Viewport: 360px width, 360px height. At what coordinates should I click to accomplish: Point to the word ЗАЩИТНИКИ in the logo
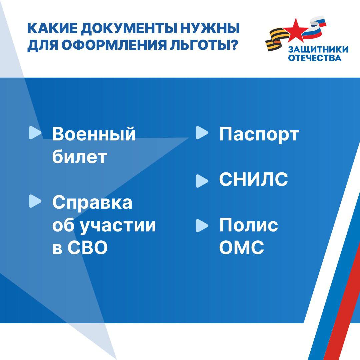click(x=318, y=50)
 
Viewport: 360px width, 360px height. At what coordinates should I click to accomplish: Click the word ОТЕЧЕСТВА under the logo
click(x=315, y=58)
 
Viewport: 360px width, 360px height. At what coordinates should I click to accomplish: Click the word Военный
click(x=94, y=134)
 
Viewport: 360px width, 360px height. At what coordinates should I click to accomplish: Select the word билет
click(x=80, y=157)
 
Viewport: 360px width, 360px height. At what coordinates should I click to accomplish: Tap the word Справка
click(x=92, y=203)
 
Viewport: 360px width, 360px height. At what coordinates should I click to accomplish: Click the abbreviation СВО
click(x=87, y=247)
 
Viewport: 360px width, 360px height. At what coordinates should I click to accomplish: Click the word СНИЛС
click(x=253, y=179)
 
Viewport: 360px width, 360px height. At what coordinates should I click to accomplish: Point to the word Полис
click(x=249, y=225)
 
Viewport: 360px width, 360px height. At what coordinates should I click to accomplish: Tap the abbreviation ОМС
click(x=242, y=247)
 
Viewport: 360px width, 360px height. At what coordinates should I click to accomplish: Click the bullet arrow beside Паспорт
click(x=202, y=133)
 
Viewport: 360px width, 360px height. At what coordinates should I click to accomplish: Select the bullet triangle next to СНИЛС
click(x=202, y=181)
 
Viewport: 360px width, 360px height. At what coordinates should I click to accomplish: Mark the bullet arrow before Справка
click(x=35, y=201)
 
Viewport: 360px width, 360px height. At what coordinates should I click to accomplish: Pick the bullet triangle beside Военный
click(x=35, y=133)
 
